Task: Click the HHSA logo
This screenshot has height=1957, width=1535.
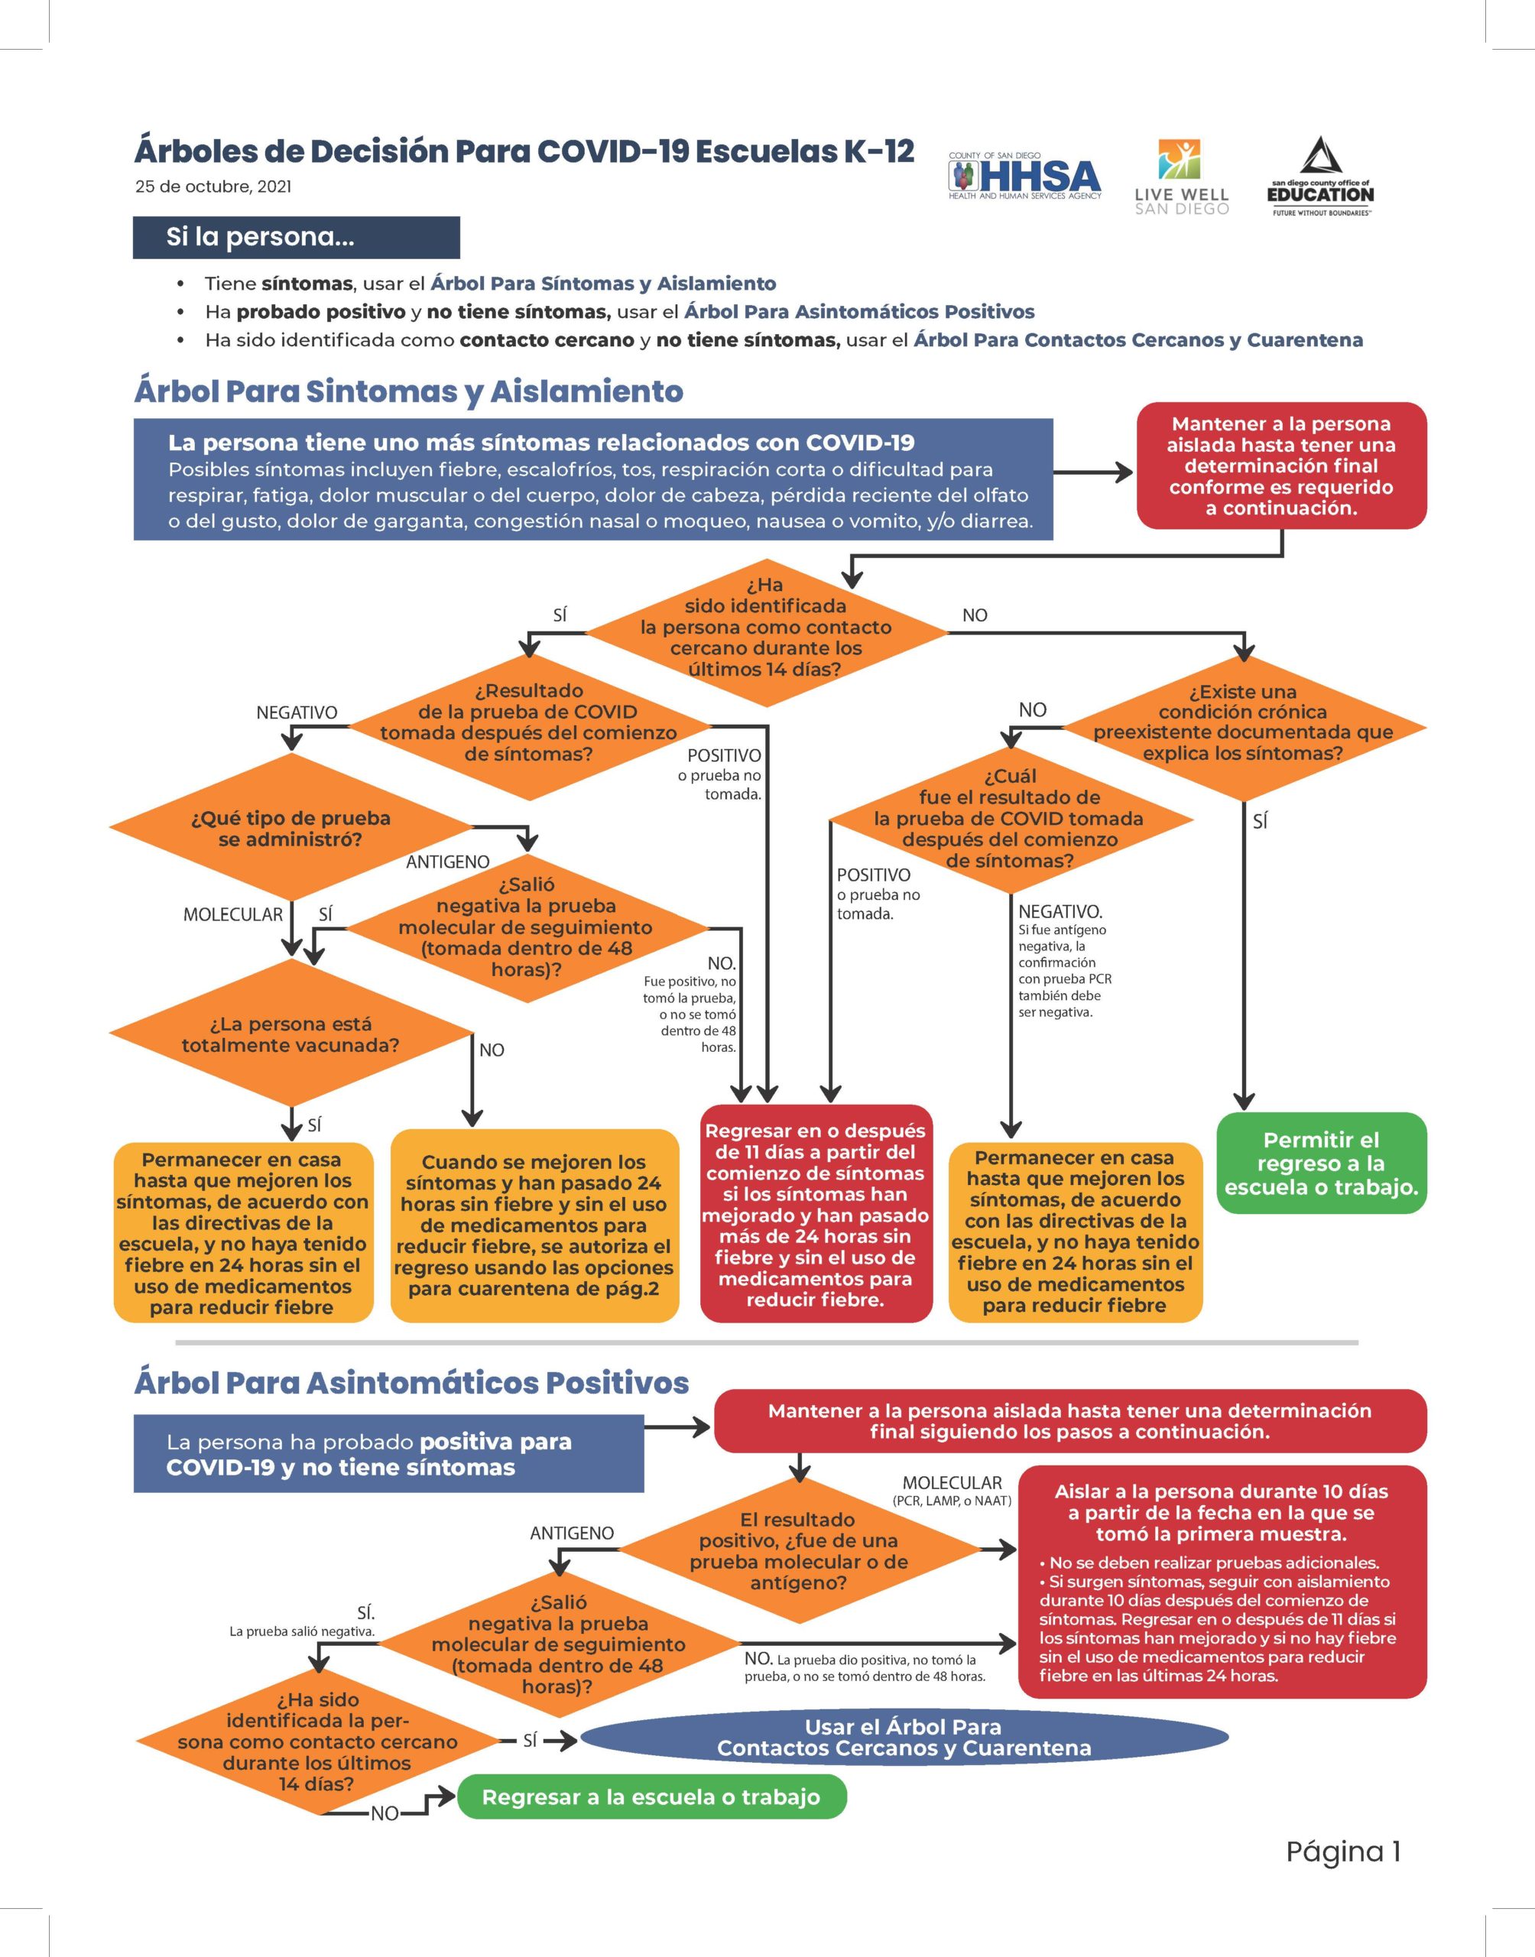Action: tap(1024, 176)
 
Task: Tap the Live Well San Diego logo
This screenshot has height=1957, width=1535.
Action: tap(1181, 177)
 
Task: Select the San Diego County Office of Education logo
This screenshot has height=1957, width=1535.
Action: tap(1320, 176)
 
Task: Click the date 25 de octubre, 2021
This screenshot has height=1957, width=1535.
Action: tap(213, 187)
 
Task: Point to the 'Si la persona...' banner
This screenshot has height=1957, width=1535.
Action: tap(297, 237)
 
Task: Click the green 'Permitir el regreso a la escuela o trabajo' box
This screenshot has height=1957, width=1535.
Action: tap(1321, 1163)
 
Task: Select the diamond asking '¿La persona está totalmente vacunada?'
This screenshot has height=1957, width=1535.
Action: tap(290, 1034)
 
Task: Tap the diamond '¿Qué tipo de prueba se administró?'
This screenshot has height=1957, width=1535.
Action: tap(290, 828)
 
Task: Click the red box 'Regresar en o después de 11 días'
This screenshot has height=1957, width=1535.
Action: tap(816, 1214)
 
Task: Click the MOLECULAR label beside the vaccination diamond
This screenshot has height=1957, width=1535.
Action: tap(232, 915)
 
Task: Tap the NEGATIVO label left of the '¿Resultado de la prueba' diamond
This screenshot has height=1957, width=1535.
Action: tap(297, 712)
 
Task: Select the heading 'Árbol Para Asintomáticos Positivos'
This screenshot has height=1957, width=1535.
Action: tap(411, 1382)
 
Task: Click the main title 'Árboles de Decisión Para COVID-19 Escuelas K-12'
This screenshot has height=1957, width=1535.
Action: tap(524, 151)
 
